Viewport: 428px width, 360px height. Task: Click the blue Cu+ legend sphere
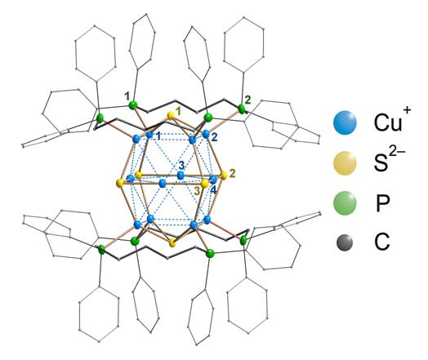click(x=345, y=122)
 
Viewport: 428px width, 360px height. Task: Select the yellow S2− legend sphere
click(x=345, y=163)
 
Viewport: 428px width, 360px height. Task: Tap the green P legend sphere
click(x=345, y=203)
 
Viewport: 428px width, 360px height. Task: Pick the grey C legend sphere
click(x=345, y=242)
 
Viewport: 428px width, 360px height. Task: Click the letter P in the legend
click(x=382, y=203)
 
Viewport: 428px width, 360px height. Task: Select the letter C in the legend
click(x=382, y=242)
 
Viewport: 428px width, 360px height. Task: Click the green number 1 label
click(x=127, y=96)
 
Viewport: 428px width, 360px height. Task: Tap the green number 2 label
click(x=247, y=100)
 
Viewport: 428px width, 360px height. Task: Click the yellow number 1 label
click(x=178, y=111)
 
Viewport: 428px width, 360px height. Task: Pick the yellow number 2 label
click(x=232, y=173)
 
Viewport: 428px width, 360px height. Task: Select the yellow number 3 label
click(x=197, y=191)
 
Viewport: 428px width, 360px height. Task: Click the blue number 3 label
click(x=182, y=165)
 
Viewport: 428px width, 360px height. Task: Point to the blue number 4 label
click(x=213, y=190)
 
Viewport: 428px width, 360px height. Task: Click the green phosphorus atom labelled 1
click(x=133, y=105)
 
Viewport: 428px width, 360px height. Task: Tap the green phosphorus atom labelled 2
click(x=241, y=109)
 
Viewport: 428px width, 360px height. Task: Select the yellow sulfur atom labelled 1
click(x=171, y=116)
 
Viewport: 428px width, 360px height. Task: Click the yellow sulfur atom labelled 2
click(x=224, y=176)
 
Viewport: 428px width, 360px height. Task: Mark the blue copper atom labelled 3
click(x=181, y=176)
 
